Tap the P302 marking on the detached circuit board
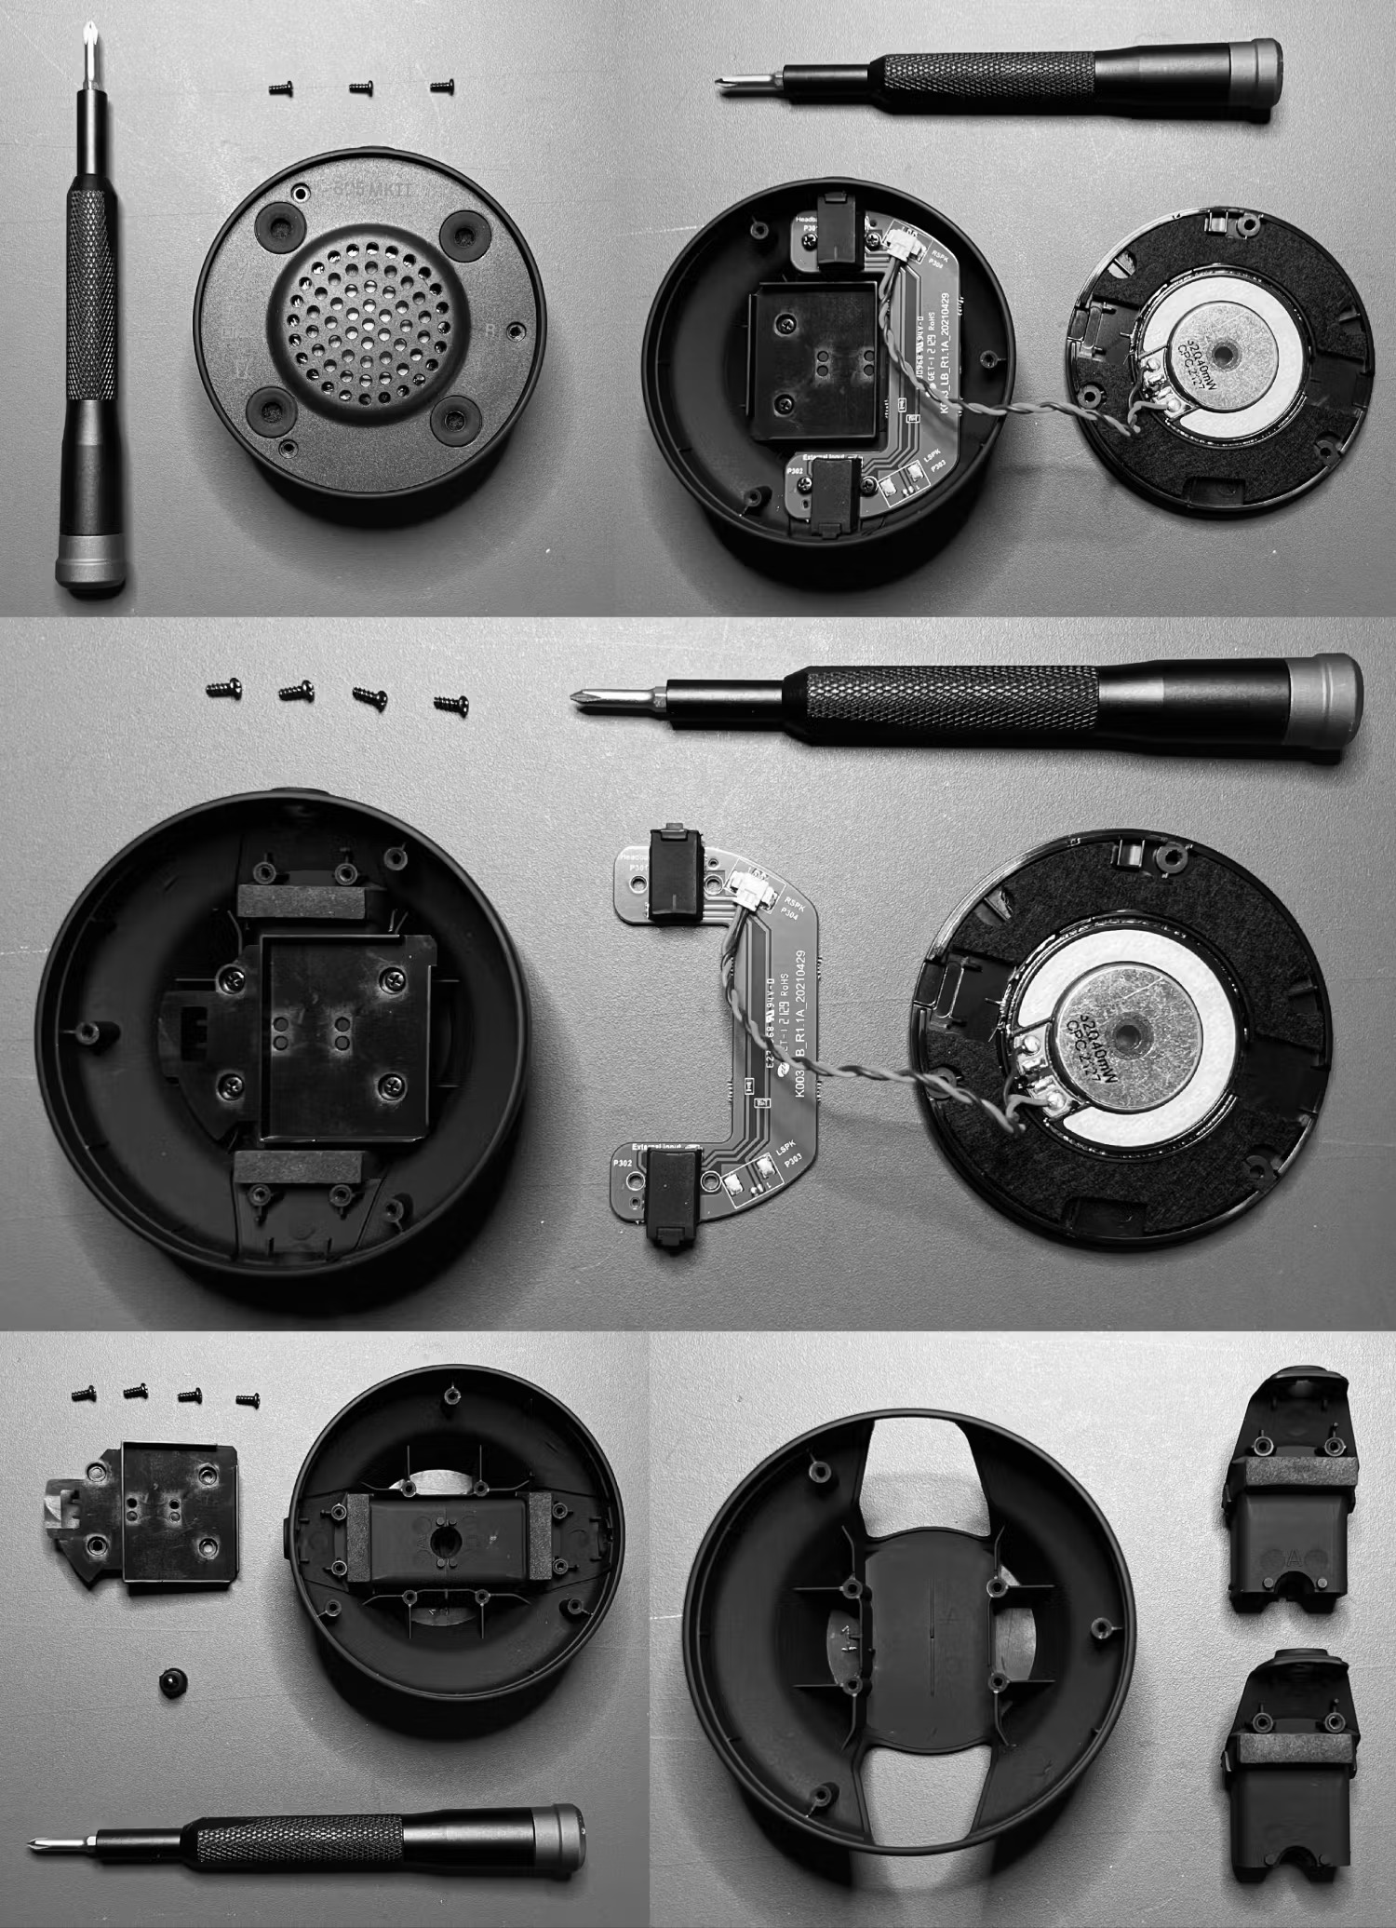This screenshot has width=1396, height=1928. (621, 1164)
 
